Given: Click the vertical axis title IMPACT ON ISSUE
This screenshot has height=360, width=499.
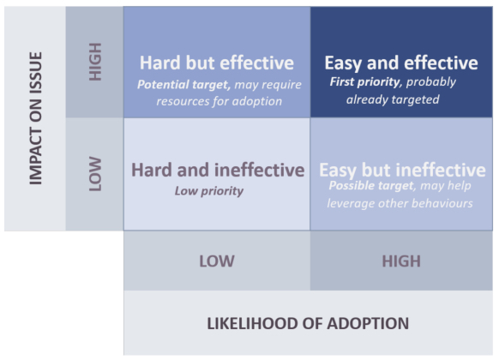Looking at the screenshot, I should (35, 118).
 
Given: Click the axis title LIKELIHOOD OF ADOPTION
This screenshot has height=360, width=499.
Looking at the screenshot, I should (308, 323).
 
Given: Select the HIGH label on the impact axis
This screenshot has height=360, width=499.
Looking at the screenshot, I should (95, 62).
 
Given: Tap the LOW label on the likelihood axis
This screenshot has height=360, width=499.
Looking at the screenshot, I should (217, 261).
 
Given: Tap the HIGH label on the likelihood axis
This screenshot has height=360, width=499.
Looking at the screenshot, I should (400, 261).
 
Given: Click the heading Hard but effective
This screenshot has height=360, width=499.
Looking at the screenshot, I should (216, 63).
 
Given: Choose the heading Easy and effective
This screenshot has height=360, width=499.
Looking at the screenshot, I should (400, 63).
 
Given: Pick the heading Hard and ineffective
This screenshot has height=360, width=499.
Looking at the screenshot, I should (217, 170).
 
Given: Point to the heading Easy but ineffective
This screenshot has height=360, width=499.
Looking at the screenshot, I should (402, 170).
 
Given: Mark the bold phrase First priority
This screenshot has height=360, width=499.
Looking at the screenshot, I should (365, 82).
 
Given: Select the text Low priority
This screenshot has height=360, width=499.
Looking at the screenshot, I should (209, 190).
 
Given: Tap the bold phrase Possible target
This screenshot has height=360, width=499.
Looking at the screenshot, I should (370, 186).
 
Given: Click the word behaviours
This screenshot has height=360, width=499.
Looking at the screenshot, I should (443, 203).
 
